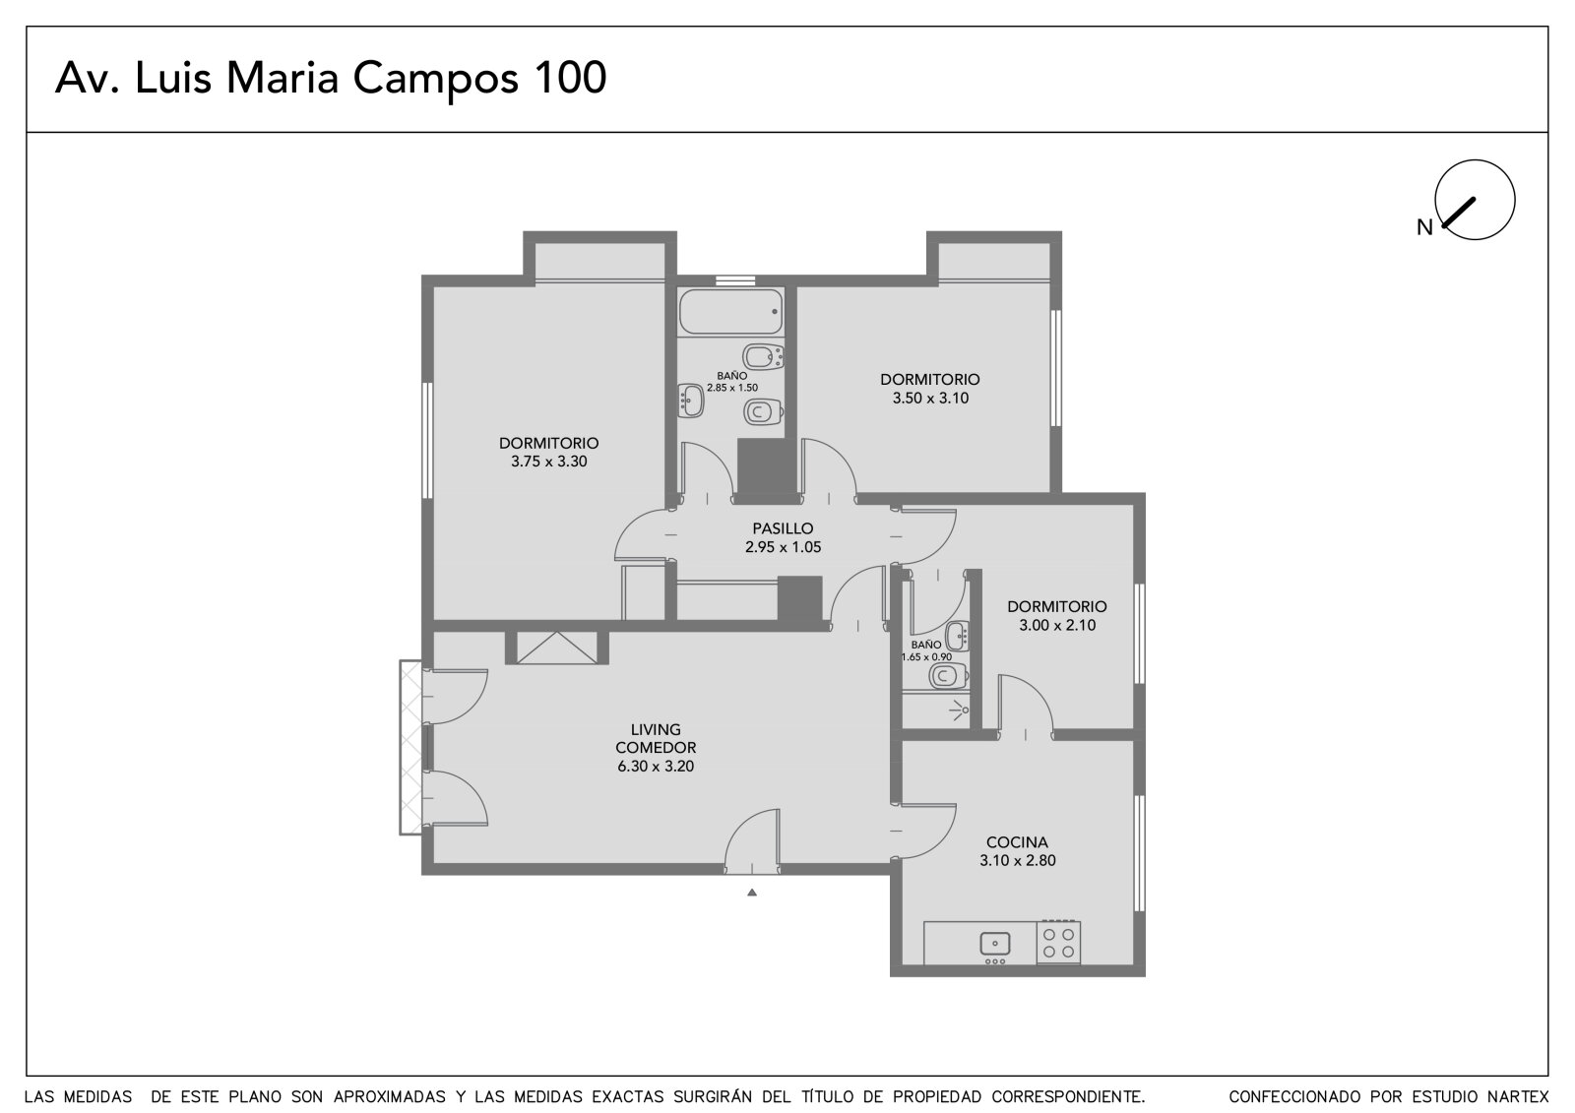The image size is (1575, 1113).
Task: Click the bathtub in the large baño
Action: coord(730,311)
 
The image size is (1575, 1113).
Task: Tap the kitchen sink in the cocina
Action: coord(995,944)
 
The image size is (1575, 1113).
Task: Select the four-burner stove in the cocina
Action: coord(1058,943)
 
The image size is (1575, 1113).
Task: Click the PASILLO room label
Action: coord(783,528)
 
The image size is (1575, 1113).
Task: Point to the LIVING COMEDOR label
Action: coord(656,738)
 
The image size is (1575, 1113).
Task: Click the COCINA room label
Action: coord(1017,841)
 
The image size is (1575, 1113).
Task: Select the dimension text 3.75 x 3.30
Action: coord(548,462)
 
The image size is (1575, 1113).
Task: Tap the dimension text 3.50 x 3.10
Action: coord(930,398)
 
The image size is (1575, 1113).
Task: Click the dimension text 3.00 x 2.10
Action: coord(1057,625)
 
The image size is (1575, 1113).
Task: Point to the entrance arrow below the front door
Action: coord(752,893)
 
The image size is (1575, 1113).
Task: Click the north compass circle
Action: coord(1476,200)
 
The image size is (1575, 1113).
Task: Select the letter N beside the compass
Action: coord(1424,227)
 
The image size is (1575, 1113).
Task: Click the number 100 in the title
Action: coord(570,78)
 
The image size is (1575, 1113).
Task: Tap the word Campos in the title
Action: coord(435,79)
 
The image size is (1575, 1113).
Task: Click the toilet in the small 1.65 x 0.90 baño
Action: coord(948,676)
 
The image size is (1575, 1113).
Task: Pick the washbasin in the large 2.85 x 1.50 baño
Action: coord(690,401)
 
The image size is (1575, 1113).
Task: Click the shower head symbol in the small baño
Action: coord(960,711)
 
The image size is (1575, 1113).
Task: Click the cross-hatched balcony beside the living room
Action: coord(411,747)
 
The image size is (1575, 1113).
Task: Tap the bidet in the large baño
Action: coord(762,357)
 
